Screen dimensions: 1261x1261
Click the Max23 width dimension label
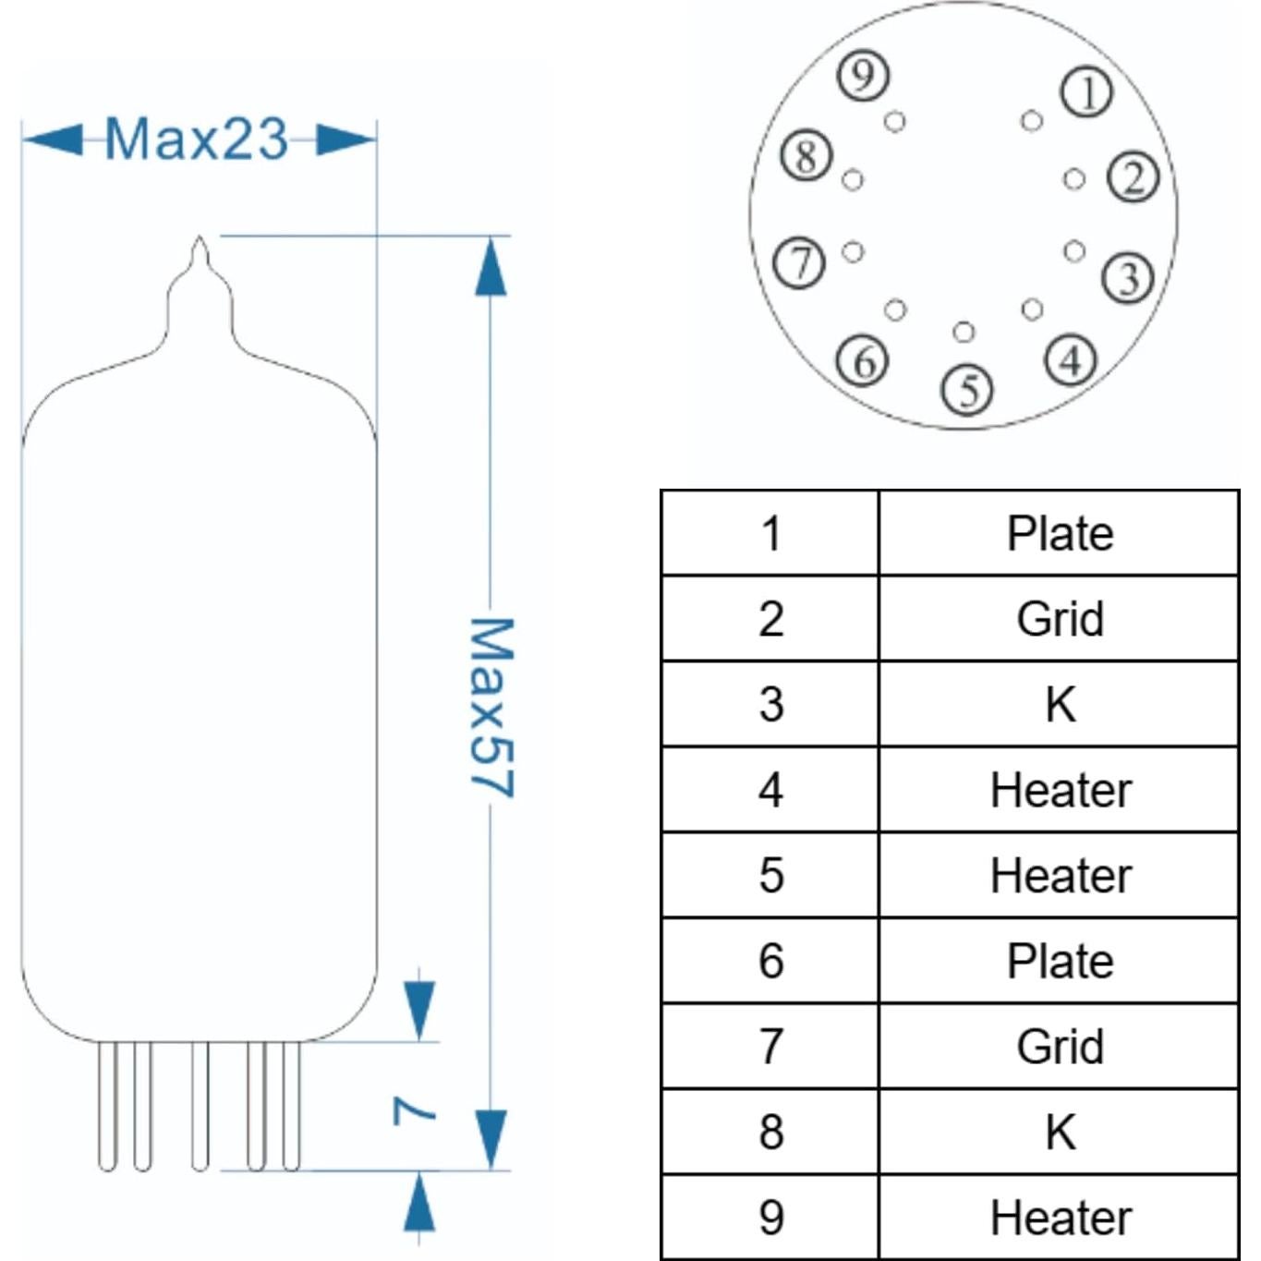(x=196, y=139)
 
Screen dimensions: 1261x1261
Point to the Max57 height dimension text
(x=491, y=708)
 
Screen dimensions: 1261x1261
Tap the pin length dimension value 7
(x=413, y=1109)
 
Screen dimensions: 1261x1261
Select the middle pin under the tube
(x=200, y=1105)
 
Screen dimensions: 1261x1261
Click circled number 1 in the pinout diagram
(x=1086, y=92)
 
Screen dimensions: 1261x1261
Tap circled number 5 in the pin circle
(x=966, y=389)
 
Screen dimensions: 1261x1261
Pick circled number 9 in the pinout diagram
(x=863, y=75)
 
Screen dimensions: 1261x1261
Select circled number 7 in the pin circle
(x=799, y=262)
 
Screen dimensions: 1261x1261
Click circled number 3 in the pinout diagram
(x=1128, y=277)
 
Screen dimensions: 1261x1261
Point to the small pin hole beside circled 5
(x=964, y=332)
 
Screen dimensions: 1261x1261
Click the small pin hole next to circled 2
(x=1073, y=179)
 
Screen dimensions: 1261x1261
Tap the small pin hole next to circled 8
(x=853, y=179)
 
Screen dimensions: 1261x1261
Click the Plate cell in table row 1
(x=1059, y=533)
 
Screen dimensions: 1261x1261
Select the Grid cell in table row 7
(x=1059, y=1047)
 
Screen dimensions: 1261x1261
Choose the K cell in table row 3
(x=1059, y=704)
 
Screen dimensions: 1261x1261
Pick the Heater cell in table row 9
(x=1059, y=1218)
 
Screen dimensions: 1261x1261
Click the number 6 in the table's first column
(x=770, y=961)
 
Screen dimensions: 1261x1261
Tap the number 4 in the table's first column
(x=770, y=790)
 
